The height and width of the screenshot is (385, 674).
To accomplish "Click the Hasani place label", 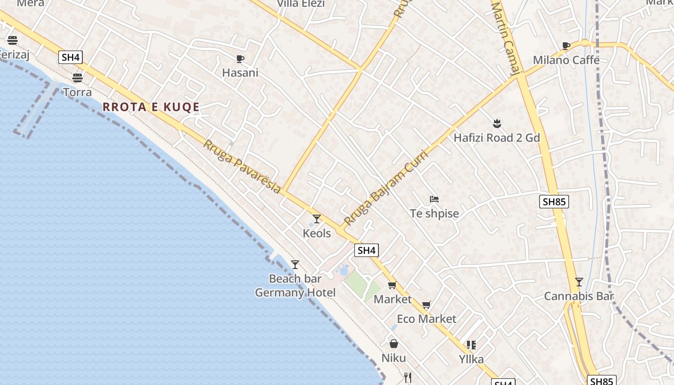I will [240, 73].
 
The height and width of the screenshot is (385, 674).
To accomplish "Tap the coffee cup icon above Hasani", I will [240, 59].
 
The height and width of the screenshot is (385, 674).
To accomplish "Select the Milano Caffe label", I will [566, 60].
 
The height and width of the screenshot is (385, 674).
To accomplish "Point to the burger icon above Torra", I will [78, 77].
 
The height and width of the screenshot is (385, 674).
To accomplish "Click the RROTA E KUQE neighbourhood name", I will [151, 107].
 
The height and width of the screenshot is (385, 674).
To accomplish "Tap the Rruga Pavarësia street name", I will [242, 167].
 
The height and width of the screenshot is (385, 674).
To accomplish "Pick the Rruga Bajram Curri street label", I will [386, 188].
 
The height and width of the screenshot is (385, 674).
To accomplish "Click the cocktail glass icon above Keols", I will [316, 219].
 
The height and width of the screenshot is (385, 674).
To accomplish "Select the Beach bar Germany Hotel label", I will [295, 285].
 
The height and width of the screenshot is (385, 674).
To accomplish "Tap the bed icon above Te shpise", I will [434, 199].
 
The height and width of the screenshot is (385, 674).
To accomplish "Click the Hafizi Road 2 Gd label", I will [497, 138].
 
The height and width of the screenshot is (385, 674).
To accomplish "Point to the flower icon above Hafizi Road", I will [497, 124].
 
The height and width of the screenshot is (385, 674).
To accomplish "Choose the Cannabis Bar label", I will [579, 296].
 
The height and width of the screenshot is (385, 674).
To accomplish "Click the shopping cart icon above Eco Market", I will [426, 305].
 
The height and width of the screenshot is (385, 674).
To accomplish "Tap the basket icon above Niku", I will [394, 344].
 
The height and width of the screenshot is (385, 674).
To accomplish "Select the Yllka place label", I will [471, 359].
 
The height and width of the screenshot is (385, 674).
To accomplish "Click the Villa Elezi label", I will [301, 4].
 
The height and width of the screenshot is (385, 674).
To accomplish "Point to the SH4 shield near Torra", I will [71, 58].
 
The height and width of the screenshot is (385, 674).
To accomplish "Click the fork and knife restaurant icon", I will [408, 378].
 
